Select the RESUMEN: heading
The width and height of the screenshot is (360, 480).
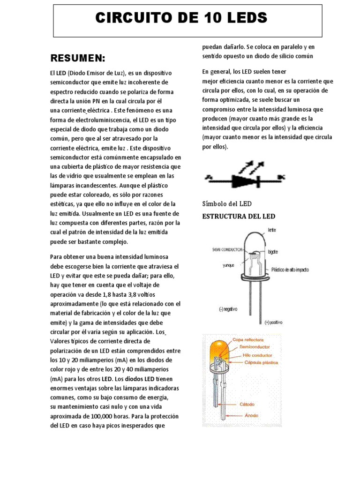(x=77, y=58)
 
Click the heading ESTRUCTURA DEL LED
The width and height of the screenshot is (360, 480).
(x=239, y=216)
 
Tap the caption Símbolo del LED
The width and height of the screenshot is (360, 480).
(x=227, y=203)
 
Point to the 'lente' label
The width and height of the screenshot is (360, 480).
(x=272, y=230)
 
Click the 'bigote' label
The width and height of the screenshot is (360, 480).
(x=272, y=252)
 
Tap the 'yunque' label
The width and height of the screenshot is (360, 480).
(x=228, y=265)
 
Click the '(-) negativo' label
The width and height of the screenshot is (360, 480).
(x=228, y=309)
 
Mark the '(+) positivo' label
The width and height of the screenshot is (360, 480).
(x=273, y=322)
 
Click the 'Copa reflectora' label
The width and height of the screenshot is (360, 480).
(x=248, y=339)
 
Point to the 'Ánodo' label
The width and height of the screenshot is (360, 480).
(x=251, y=415)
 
